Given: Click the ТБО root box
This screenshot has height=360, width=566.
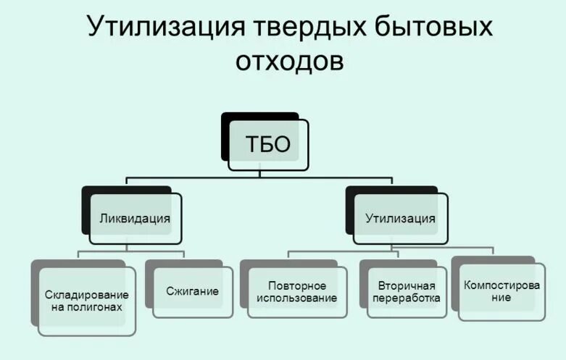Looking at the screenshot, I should [x=268, y=145].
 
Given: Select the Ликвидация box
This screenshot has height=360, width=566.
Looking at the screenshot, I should [x=136, y=218].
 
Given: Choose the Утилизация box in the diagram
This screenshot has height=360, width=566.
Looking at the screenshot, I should [x=400, y=218].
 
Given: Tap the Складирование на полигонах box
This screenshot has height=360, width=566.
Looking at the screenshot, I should [x=87, y=301].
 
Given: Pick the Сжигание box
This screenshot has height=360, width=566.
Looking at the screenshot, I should [x=193, y=292].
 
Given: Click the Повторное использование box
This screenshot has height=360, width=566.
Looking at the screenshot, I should [x=297, y=292].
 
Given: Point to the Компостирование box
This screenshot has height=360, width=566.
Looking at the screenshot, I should [x=502, y=290].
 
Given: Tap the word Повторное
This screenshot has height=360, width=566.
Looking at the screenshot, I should [x=297, y=286].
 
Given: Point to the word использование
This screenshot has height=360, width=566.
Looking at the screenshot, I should [x=297, y=298].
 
